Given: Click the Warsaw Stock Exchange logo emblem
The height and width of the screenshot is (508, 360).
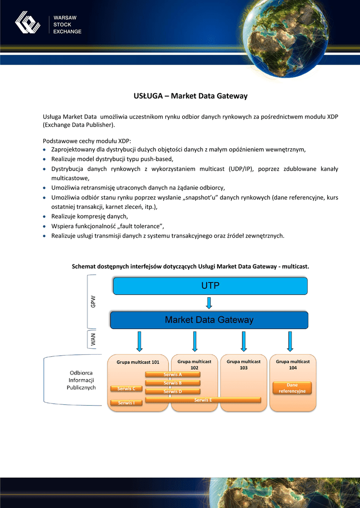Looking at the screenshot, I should tap(27, 23).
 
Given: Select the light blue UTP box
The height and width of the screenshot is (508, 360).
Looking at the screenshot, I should tap(210, 286).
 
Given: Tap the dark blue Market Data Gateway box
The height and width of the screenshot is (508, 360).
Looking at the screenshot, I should tap(209, 320).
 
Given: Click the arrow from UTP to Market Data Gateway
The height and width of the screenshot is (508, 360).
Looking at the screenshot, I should tap(209, 303).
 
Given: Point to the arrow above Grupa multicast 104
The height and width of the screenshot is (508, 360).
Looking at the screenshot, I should tap(290, 341).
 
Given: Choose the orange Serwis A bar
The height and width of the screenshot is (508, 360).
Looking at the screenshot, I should tap(173, 375).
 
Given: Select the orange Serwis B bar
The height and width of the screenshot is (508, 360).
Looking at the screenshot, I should tap(173, 383).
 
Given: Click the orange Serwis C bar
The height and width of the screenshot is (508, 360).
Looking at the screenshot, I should tap(126, 388).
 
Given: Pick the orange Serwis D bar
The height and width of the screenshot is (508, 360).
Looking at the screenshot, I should tap(173, 391).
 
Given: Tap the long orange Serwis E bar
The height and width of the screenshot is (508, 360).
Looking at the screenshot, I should tap(203, 400).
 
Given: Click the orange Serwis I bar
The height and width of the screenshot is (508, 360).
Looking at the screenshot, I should tap(126, 403).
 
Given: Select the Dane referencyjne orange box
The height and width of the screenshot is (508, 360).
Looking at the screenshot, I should tap(292, 388).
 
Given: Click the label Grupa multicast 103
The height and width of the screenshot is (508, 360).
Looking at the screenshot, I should tap(244, 365).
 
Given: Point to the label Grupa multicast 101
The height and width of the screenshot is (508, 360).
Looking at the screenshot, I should tap(138, 362).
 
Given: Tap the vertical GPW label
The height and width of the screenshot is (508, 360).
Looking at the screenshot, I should tap(93, 302).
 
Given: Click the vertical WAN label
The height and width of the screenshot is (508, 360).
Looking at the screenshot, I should tap(93, 340).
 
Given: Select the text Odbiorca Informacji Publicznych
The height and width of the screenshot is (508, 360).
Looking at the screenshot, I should tap(81, 380).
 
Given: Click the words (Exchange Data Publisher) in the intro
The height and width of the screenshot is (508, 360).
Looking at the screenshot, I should tap(79, 125).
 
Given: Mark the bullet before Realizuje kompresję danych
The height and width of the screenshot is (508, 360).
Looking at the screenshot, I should tap(45, 217).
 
